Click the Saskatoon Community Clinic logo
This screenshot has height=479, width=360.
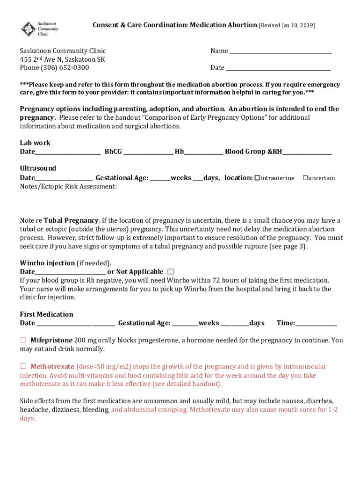(40, 29)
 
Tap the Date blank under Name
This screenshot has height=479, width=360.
(278, 68)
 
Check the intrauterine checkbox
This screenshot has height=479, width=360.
(257, 178)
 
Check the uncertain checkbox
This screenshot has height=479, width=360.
(305, 178)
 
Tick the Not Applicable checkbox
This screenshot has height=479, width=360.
(171, 272)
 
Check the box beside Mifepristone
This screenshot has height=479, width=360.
(23, 340)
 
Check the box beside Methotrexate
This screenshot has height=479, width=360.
(23, 366)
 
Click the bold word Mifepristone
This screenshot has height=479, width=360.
(51, 341)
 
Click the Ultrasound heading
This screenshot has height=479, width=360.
(38, 168)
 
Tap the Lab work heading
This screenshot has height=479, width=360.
(35, 143)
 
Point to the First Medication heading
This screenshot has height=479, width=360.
(46, 314)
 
